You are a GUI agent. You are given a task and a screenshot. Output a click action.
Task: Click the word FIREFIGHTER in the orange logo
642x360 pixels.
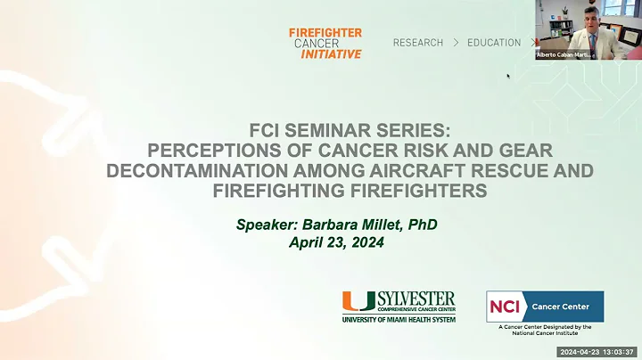click(x=325, y=32)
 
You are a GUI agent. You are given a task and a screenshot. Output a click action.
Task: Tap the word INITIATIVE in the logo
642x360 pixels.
click(x=332, y=53)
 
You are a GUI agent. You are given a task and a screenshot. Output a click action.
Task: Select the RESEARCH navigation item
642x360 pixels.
click(x=418, y=43)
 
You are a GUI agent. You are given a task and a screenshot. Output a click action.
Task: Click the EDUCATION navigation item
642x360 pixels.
click(x=493, y=43)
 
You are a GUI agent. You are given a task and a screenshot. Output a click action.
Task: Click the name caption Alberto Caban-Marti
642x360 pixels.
click(x=564, y=54)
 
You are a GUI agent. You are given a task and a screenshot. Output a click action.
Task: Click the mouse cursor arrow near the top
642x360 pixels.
click(x=508, y=76)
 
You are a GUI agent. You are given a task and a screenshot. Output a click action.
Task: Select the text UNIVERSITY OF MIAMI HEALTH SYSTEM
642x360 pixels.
click(x=399, y=318)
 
